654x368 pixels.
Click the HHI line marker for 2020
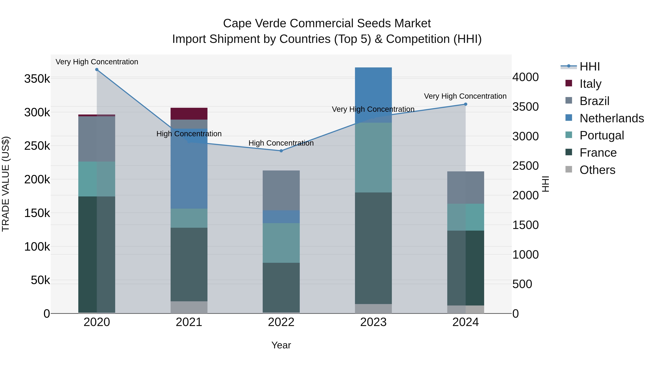pos(97,70)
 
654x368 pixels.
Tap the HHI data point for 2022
pos(281,151)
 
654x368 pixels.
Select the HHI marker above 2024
pos(466,104)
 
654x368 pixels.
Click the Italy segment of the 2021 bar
pos(189,114)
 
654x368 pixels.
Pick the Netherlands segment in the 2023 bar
pos(373,95)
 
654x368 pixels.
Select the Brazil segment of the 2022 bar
pos(281,190)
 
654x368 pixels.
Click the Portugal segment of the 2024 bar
pos(466,217)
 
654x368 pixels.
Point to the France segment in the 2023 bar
pos(373,248)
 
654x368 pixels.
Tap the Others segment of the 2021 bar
pos(189,307)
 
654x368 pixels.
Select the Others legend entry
pos(597,170)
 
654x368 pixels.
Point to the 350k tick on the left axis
pos(37,79)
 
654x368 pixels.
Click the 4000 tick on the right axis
pos(525,77)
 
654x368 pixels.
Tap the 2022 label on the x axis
pos(281,322)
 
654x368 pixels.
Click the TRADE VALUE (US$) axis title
pos(6,184)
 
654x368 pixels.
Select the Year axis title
pos(281,345)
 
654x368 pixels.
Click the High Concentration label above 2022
pos(281,143)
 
